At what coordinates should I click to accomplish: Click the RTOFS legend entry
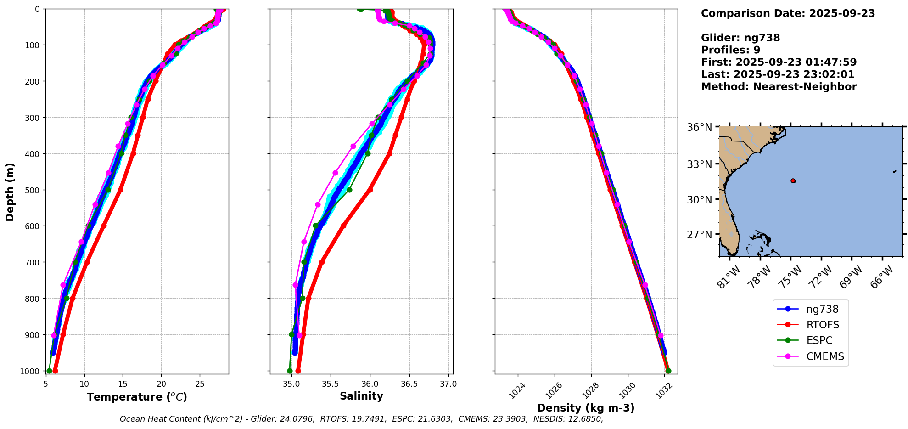822,325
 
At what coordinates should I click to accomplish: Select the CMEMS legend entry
825,356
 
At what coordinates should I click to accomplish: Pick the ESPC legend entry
819,340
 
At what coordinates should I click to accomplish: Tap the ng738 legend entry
822,309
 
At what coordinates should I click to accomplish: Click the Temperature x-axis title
137,397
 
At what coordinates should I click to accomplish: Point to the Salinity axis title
361,396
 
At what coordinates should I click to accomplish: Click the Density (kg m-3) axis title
586,408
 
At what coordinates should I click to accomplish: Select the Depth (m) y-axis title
10,192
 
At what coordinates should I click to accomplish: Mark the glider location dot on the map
793,181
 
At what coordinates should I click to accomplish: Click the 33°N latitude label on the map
699,164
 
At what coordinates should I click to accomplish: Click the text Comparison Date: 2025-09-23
788,13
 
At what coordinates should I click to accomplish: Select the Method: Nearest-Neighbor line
779,87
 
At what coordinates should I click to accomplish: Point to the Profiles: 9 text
730,50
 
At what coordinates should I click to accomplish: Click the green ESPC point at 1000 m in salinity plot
290,371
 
